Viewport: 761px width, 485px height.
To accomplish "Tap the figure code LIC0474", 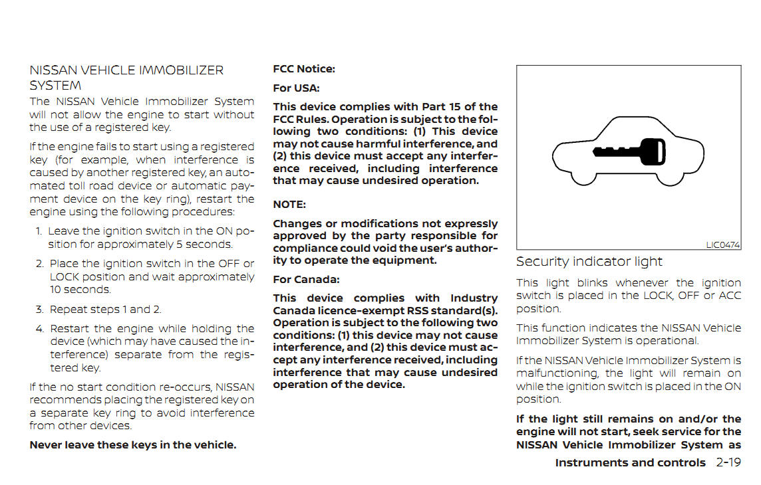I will coord(722,245).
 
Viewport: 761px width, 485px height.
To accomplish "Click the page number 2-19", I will coord(728,462).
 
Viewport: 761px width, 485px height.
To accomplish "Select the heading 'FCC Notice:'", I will coord(304,68).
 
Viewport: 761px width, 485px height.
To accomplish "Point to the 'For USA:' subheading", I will coord(296,88).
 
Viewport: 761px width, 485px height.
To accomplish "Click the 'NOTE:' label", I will coord(289,205).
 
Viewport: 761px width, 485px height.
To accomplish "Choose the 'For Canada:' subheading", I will coord(306,279).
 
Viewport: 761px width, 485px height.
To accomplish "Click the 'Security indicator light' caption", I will coord(589,262).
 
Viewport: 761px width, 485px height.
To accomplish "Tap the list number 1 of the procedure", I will coord(39,231).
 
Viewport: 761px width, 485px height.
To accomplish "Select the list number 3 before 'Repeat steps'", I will coord(39,309).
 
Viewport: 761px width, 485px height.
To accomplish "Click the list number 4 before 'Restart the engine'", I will coord(40,329).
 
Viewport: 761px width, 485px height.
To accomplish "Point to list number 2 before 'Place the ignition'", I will coord(40,264).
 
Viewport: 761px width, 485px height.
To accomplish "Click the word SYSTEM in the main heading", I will coord(55,86).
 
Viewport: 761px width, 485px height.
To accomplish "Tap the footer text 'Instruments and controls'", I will coord(630,462).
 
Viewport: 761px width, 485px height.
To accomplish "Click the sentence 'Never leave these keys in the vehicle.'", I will coord(133,445).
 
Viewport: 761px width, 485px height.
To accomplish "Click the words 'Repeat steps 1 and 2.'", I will coord(106,309).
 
